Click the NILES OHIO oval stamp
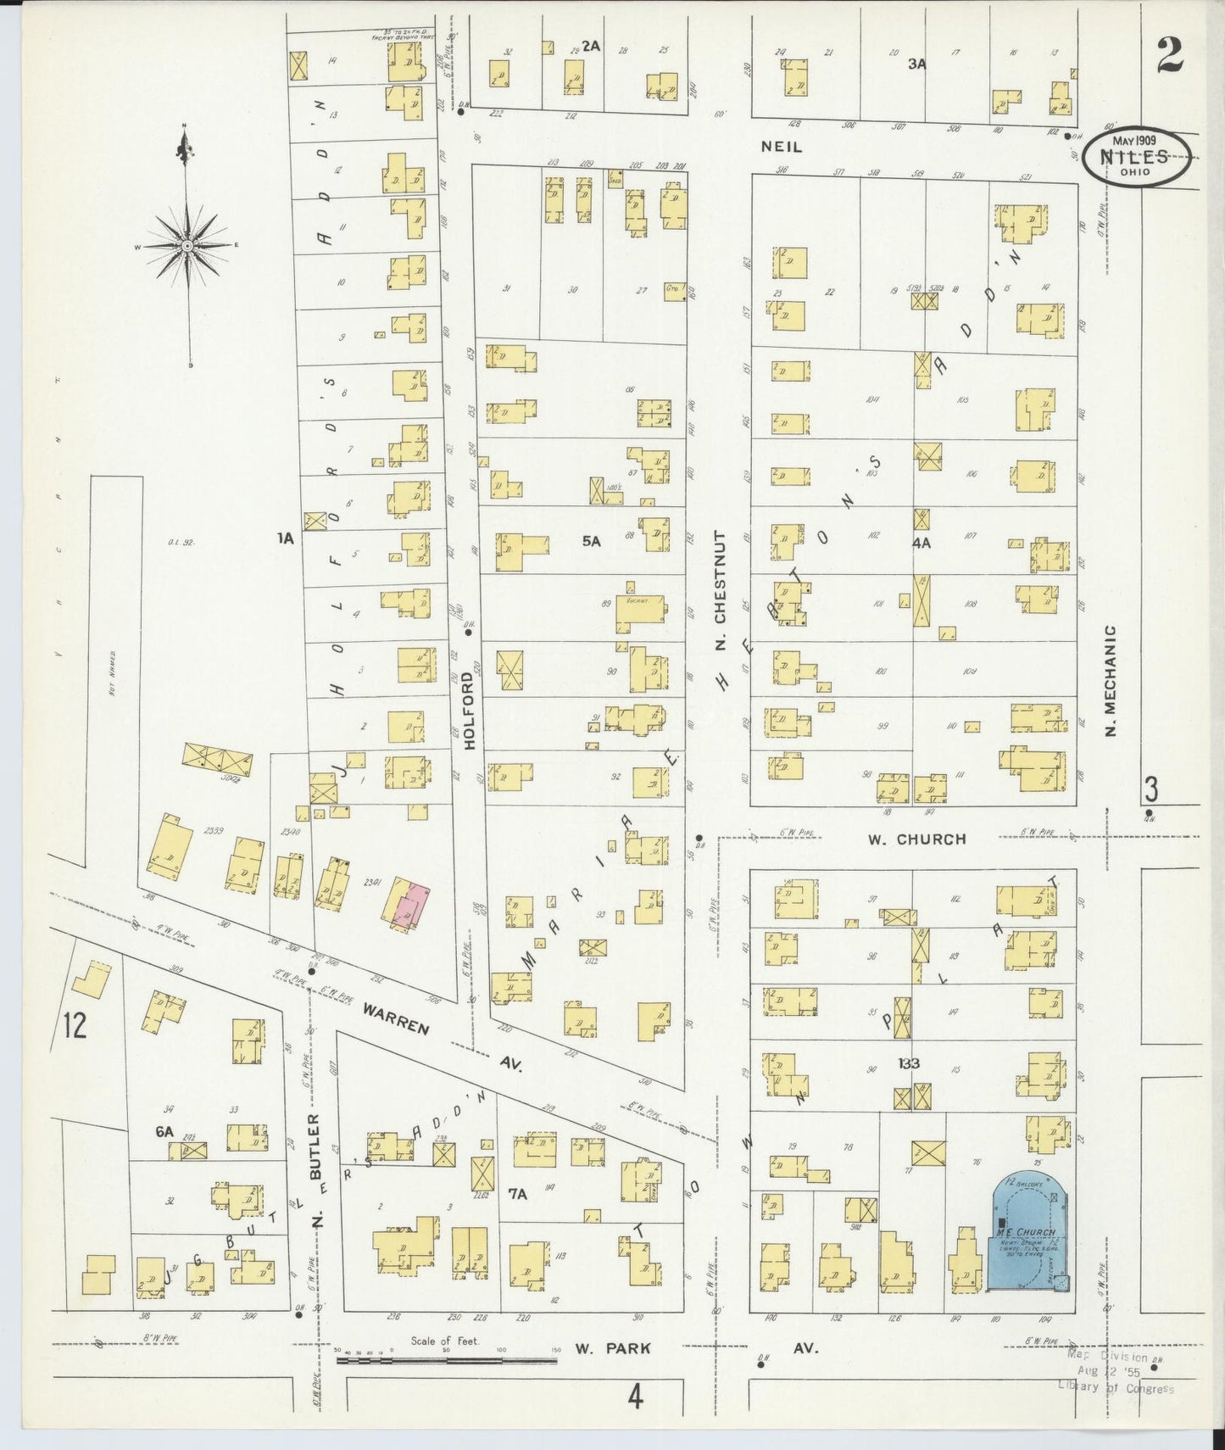pos(1136,157)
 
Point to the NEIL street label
pos(781,147)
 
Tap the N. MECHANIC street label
pos(1112,681)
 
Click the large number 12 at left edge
pos(75,1026)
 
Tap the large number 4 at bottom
pos(636,1395)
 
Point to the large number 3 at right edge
pos(1150,789)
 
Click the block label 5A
pos(591,541)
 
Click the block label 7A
pos(518,1194)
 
